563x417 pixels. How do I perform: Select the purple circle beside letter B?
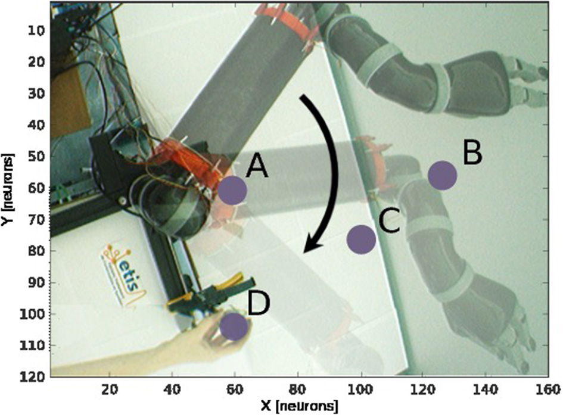pos(443,175)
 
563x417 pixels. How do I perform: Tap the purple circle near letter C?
pos(361,239)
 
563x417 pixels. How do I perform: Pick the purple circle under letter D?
pos(234,326)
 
